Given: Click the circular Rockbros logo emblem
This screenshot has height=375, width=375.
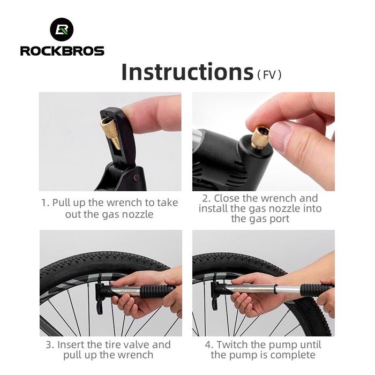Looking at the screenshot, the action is pos(62,29).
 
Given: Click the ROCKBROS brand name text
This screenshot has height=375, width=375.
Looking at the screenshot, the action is pos(62,51).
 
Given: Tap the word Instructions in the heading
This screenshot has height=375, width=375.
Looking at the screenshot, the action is pos(187,71).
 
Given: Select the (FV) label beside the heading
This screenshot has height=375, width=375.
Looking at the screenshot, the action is pos(269,74).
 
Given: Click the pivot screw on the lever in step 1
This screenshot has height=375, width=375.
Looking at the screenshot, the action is pos(136,177).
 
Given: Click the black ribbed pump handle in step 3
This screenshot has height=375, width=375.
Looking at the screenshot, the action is pos(157,291).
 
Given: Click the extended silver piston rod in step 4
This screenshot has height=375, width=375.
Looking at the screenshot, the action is pos(288,290).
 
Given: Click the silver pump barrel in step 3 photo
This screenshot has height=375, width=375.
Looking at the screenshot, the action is pos(125,291).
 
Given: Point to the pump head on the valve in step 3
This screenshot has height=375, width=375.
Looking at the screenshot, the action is pos(101,295).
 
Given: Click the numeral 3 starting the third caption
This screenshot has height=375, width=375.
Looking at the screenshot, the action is pos(49,345).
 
